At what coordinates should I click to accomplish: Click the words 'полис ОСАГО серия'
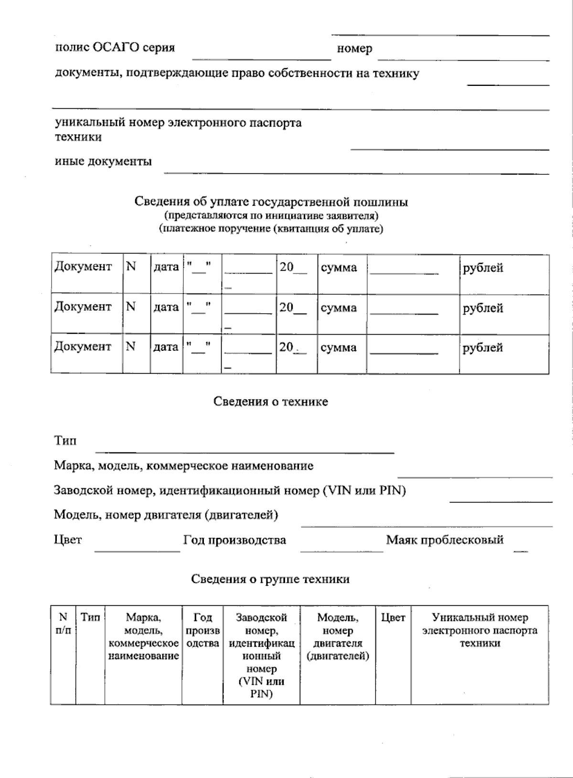[x=115, y=48]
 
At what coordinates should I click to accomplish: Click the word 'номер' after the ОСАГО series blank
[x=354, y=49]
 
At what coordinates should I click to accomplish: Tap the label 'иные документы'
[x=103, y=161]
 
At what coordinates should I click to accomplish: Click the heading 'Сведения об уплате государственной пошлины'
[x=271, y=202]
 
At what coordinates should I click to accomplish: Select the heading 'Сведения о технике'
[x=270, y=401]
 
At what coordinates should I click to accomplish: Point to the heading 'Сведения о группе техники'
[x=270, y=579]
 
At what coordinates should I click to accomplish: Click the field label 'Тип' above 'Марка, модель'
[x=65, y=441]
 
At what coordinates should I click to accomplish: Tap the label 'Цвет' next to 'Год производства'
[x=68, y=540]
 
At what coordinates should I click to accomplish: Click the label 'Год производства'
[x=234, y=540]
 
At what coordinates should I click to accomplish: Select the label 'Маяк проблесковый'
[x=445, y=540]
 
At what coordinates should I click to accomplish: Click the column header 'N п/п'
[x=63, y=624]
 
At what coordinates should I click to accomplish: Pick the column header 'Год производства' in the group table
[x=202, y=631]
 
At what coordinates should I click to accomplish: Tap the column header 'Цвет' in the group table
[x=393, y=618]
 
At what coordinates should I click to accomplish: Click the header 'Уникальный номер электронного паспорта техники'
[x=479, y=630]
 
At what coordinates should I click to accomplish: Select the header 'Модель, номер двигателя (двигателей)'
[x=338, y=637]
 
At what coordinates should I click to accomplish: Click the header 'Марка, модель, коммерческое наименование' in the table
[x=143, y=637]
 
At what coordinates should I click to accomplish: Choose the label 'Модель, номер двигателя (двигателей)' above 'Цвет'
[x=166, y=515]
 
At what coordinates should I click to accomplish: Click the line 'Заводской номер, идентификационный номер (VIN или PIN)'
[x=230, y=490]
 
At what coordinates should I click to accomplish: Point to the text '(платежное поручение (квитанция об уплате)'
[x=271, y=229]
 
